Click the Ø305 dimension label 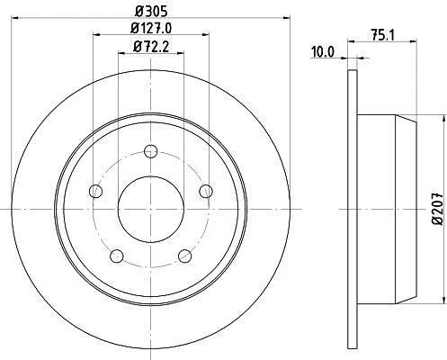(x=151, y=12)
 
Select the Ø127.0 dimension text (x=151, y=29)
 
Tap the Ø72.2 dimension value (x=151, y=47)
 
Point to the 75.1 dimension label (x=383, y=35)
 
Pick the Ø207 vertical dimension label (x=437, y=209)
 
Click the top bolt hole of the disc (x=150, y=151)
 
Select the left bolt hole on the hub (x=96, y=191)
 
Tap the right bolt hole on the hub (x=206, y=191)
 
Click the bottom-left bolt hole (x=117, y=256)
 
